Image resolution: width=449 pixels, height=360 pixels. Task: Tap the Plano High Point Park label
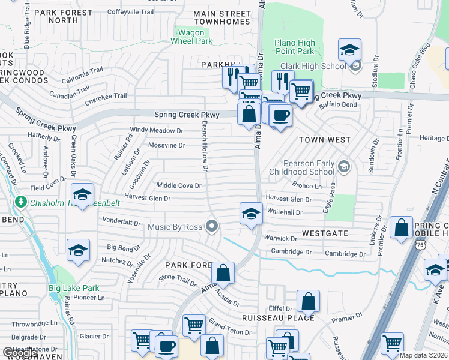point(295,47)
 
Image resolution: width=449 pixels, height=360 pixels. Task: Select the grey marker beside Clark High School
point(355,66)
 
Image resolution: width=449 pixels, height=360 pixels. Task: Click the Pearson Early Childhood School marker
point(344,166)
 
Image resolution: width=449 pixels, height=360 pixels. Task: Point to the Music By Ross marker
point(211,226)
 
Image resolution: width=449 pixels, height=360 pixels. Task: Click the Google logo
point(20,352)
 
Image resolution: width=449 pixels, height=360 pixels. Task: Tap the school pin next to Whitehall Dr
point(251,213)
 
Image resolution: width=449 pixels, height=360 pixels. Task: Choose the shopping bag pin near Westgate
point(401,227)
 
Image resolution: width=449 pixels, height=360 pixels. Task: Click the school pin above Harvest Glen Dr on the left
point(82,194)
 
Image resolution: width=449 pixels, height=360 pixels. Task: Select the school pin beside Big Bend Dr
point(78,250)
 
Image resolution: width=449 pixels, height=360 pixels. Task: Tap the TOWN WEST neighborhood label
point(325,140)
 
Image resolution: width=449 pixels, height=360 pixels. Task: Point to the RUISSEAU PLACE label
point(278,317)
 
